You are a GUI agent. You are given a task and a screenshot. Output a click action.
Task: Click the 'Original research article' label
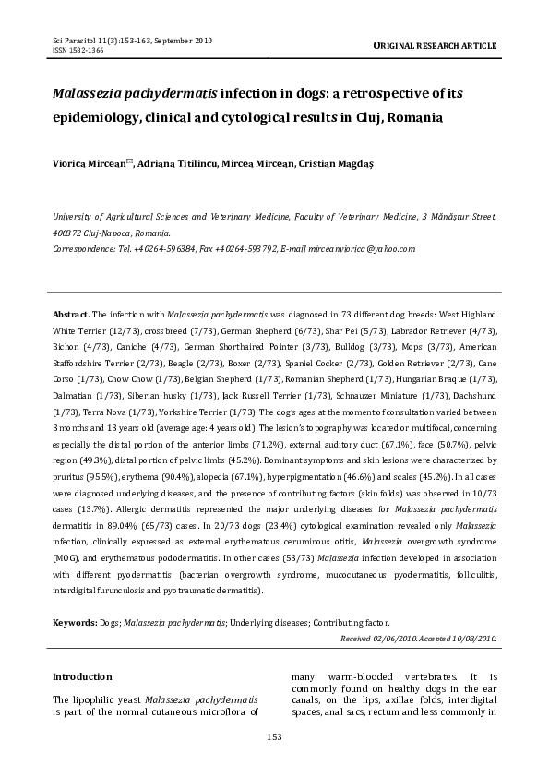point(435,44)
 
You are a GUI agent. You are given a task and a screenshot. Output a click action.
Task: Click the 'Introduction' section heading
point(82,677)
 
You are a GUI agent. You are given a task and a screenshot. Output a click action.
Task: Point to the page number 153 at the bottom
point(274,735)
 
